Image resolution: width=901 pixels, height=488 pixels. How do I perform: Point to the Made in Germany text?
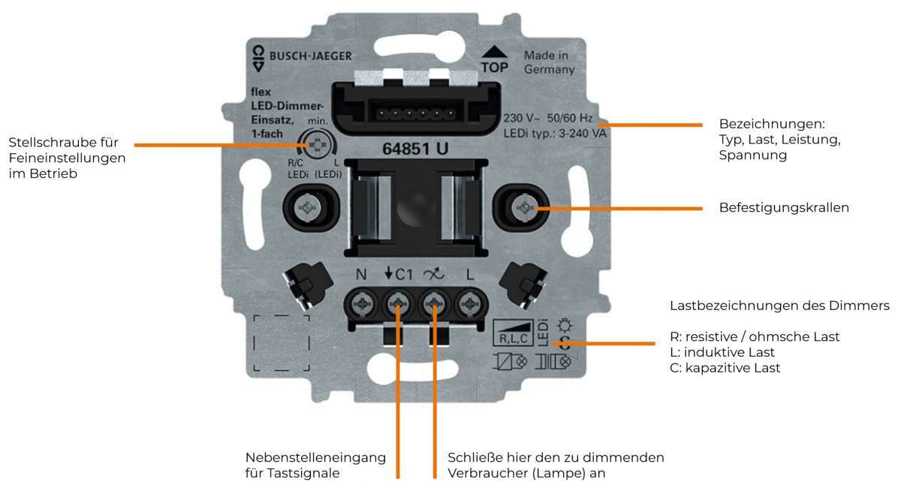point(549,62)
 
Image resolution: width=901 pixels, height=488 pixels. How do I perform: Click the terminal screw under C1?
point(397,304)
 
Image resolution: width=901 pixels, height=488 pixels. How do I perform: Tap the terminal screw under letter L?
point(470,304)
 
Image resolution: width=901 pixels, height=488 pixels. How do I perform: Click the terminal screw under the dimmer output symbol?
point(434,304)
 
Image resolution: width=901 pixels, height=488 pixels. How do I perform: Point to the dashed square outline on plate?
point(281,343)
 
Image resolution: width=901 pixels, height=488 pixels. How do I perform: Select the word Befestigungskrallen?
point(783,208)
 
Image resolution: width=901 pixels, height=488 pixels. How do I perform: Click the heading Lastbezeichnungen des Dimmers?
point(779,306)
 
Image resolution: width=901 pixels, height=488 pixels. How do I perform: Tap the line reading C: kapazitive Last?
point(725,368)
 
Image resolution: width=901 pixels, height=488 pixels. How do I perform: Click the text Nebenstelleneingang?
point(315,457)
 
